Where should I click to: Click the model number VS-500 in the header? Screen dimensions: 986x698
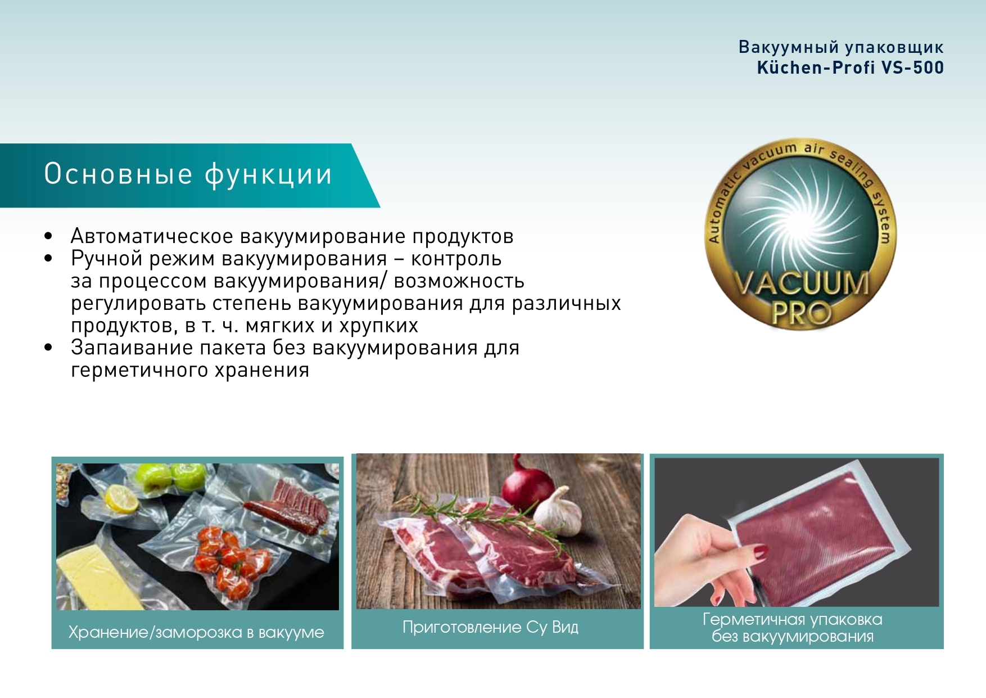pos(912,67)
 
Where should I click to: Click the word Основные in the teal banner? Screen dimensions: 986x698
pos(118,174)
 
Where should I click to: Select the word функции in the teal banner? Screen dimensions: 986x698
pos(268,175)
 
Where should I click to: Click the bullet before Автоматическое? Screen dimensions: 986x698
pos(48,237)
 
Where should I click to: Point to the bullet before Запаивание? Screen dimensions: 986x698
pos(48,348)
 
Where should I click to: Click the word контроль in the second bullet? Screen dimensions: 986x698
pos(456,259)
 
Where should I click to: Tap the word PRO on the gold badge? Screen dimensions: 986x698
pos(801,312)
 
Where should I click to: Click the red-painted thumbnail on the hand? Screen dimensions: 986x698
pos(761,552)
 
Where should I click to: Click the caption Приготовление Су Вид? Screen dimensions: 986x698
pos(490,627)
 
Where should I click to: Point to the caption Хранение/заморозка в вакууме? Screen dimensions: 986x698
pos(196,632)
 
